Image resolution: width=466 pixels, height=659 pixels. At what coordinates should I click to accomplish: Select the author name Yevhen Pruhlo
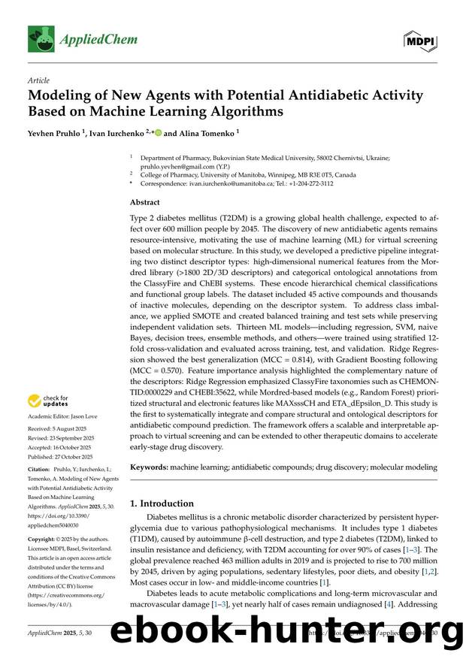[56, 133]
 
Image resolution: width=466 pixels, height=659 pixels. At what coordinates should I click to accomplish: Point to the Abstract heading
[145, 202]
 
